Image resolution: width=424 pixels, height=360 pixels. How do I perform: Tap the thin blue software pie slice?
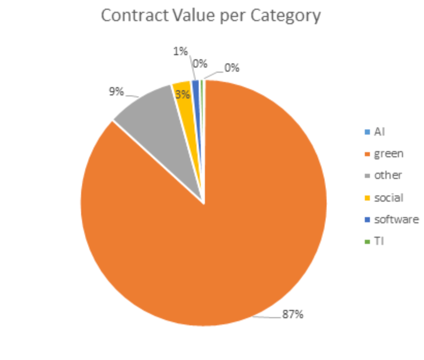point(196,103)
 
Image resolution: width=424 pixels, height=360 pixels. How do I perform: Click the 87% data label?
point(292,314)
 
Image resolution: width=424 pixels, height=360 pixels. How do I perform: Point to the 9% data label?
point(116,92)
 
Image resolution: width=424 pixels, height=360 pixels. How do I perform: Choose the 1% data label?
point(181,52)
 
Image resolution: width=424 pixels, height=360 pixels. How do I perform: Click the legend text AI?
point(379,132)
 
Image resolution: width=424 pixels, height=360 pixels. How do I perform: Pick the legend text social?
point(388,198)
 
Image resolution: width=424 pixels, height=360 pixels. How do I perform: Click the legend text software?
point(396,219)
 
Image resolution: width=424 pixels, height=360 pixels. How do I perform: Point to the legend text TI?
point(379,241)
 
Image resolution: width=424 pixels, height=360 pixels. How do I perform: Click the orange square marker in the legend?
point(367,154)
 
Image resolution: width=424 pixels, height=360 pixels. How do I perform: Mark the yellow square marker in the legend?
point(367,198)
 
